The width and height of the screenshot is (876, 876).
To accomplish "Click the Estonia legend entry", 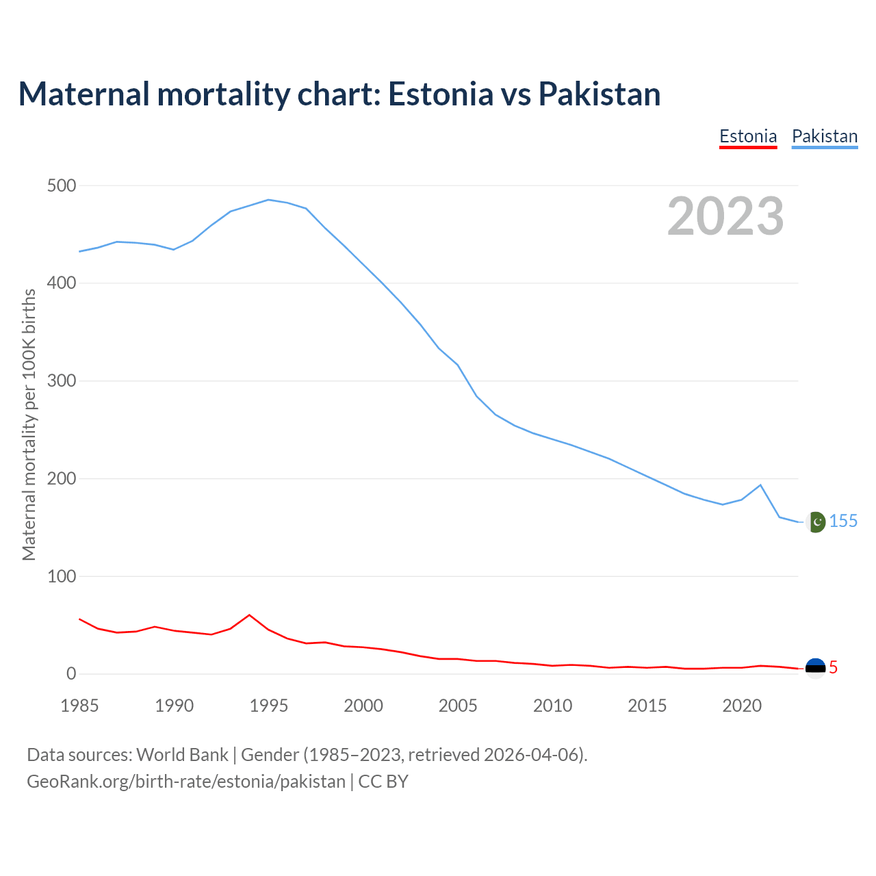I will tap(748, 136).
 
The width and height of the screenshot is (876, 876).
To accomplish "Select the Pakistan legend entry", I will tap(825, 136).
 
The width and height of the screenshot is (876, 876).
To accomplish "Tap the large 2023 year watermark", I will tap(725, 216).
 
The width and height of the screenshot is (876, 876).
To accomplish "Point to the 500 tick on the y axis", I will tap(62, 185).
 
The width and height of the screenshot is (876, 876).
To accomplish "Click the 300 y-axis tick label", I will tap(62, 381).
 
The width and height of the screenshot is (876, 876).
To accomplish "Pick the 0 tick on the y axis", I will tap(71, 674).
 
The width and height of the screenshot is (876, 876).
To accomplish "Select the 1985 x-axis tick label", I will tap(79, 706).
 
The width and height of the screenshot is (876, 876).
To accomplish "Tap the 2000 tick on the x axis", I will tap(363, 706).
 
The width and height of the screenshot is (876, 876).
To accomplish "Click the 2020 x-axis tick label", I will tap(742, 706).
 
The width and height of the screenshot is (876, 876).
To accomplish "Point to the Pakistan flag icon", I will tap(815, 522).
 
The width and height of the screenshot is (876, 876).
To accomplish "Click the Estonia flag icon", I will tap(815, 667).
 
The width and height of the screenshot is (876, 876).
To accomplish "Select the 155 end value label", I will tap(843, 521).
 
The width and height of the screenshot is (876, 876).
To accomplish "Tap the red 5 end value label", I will tap(833, 667).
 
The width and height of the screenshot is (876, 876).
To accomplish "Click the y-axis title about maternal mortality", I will tap(29, 424).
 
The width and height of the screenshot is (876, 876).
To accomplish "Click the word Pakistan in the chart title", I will tap(600, 94).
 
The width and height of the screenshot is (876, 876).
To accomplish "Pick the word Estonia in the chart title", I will tap(440, 94).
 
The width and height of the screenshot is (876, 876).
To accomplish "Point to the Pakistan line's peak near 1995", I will tap(268, 200).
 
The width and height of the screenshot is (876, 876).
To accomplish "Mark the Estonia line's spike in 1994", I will tap(249, 615).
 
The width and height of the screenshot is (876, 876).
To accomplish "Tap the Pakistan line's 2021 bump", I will tap(760, 485).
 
